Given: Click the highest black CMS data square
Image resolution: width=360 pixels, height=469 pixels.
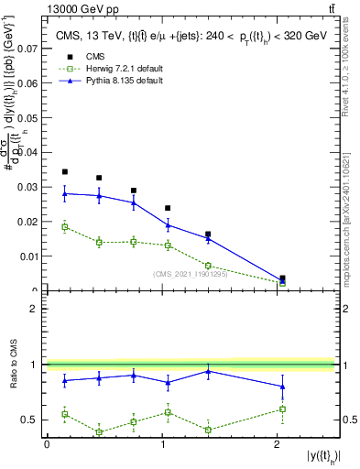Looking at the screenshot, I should [65, 171].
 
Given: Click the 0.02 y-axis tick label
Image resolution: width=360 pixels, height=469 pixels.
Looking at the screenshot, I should [28, 222].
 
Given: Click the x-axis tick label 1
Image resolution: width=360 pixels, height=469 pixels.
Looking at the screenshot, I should [163, 444].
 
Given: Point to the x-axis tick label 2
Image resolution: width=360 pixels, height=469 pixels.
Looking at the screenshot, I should [278, 444].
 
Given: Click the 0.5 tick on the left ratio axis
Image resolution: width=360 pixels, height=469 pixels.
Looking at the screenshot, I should [35, 420].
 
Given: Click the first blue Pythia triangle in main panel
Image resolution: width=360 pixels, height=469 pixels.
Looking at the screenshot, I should [65, 193].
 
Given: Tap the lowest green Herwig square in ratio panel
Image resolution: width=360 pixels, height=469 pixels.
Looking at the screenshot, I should [98, 432].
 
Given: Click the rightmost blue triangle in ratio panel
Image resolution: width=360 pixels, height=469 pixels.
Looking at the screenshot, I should [282, 387].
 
